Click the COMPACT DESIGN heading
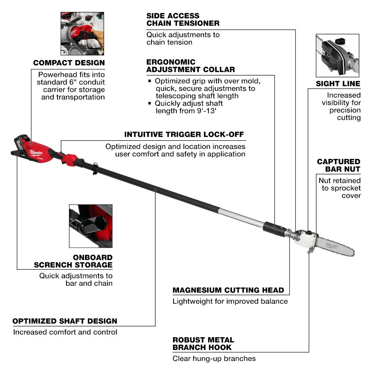click(x=69, y=63)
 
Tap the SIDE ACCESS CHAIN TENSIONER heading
click(x=183, y=19)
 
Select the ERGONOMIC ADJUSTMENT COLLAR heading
click(x=191, y=66)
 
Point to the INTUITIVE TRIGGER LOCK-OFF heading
click(x=185, y=134)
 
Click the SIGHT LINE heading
click(x=338, y=84)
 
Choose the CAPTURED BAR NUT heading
click(x=338, y=165)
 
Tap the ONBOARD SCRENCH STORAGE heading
click(x=73, y=261)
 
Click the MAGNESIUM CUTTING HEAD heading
click(x=228, y=290)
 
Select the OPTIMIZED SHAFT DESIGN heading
click(x=65, y=321)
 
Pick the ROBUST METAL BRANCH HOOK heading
click(x=203, y=344)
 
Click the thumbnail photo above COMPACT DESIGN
click(x=82, y=34)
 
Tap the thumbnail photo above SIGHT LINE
click(x=337, y=55)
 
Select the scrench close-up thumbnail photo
click(x=91, y=226)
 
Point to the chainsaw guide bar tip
click(x=353, y=252)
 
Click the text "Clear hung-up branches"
click(x=214, y=358)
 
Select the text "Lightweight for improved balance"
click(x=230, y=301)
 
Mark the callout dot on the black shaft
click(x=155, y=190)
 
